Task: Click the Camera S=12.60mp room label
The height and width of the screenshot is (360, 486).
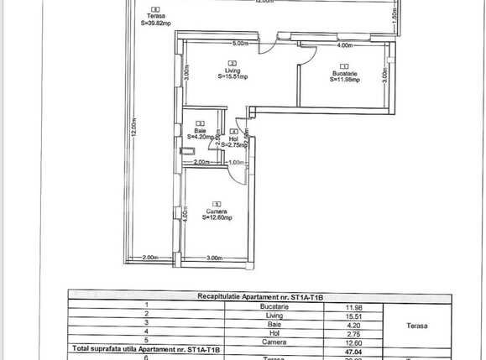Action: pos(217,213)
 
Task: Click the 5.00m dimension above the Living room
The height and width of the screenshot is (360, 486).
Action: pos(240,43)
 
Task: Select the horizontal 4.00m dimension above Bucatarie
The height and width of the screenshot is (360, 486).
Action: pos(344,46)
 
